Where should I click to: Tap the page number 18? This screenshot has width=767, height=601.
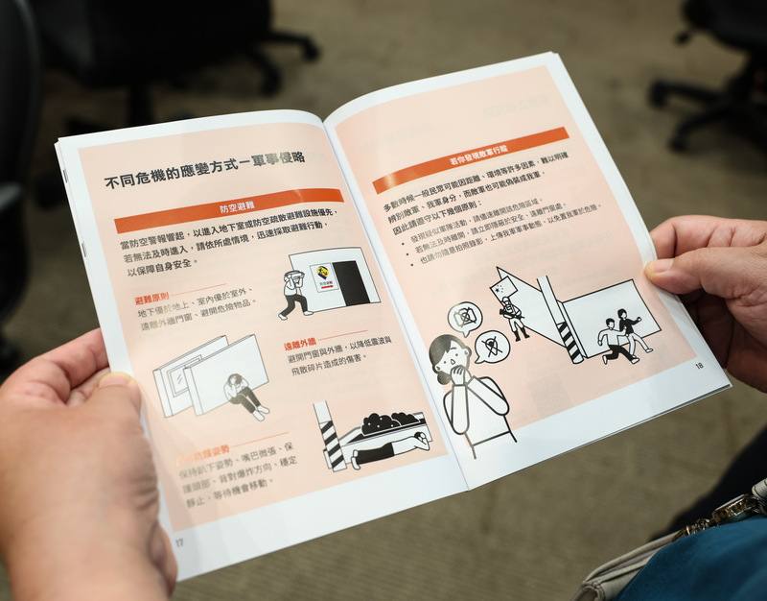698,366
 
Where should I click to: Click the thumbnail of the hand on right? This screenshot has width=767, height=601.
660,272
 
